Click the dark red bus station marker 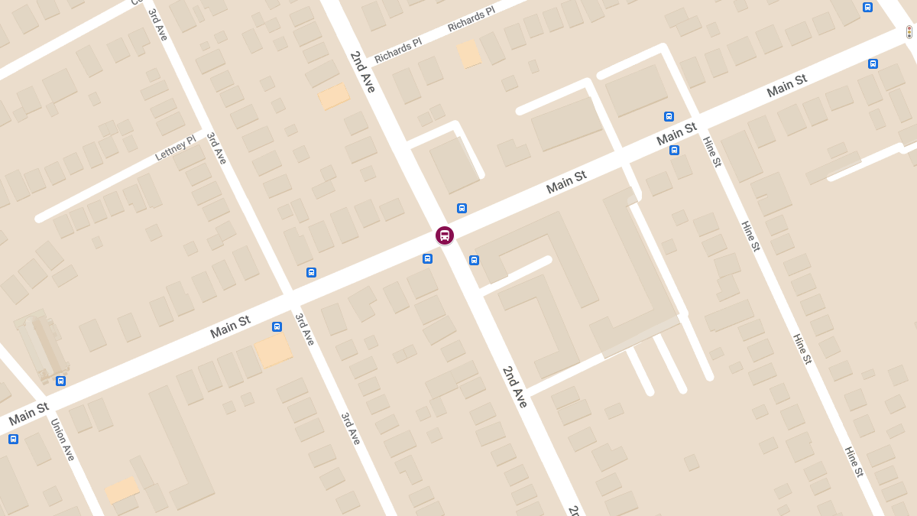(x=445, y=235)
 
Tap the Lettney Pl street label (x=175, y=148)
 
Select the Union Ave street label (x=63, y=439)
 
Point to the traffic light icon (x=909, y=32)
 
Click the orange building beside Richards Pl (x=468, y=54)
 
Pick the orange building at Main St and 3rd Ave (x=273, y=350)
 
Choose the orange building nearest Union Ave (x=122, y=490)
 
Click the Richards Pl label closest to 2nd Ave (x=397, y=51)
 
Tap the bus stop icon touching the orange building (x=277, y=326)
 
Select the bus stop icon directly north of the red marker (x=462, y=208)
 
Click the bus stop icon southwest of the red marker (x=427, y=258)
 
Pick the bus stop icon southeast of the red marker (x=474, y=260)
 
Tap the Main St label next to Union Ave (x=28, y=414)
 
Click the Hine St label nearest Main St (x=711, y=151)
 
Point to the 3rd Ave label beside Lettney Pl (x=217, y=148)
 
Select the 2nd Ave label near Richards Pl (x=363, y=72)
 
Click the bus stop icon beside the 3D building (x=60, y=381)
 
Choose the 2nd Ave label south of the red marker (x=515, y=387)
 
